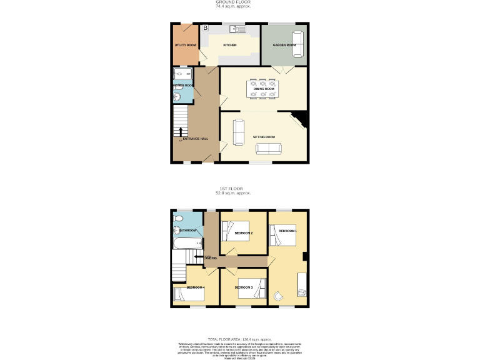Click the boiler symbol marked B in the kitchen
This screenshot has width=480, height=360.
pyautogui.click(x=205, y=28)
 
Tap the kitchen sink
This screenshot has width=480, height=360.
pyautogui.click(x=237, y=28)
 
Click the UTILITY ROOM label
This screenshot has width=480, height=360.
pyautogui.click(x=186, y=45)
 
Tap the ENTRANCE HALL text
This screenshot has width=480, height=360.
pyautogui.click(x=196, y=139)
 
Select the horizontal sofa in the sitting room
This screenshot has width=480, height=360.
pyautogui.click(x=269, y=148)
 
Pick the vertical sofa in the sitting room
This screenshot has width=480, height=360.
pyautogui.click(x=238, y=131)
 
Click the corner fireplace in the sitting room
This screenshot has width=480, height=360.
pyautogui.click(x=299, y=119)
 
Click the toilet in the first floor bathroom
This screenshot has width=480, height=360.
pyautogui.click(x=179, y=218)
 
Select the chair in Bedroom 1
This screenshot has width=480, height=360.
pyautogui.click(x=279, y=296)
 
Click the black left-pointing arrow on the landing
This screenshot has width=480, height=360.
pyautogui.click(x=197, y=257)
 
